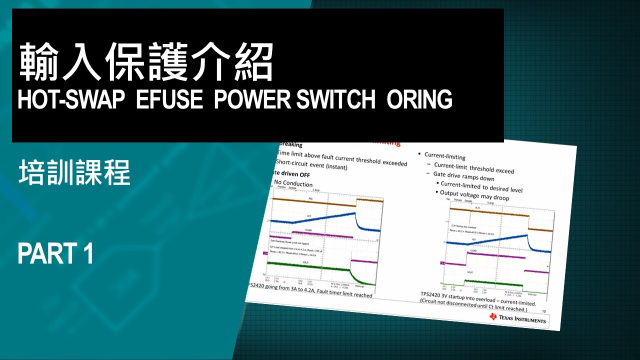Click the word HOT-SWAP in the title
70,100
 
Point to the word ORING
419,100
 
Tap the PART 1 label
55,253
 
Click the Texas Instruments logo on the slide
517,318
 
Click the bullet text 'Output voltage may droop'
474,195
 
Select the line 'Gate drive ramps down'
463,175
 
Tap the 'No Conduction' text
293,183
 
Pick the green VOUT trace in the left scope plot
310,267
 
